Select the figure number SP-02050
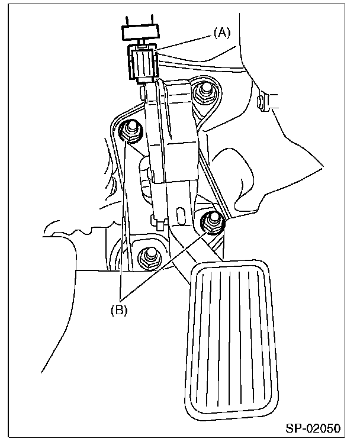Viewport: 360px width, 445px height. pyautogui.click(x=317, y=428)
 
